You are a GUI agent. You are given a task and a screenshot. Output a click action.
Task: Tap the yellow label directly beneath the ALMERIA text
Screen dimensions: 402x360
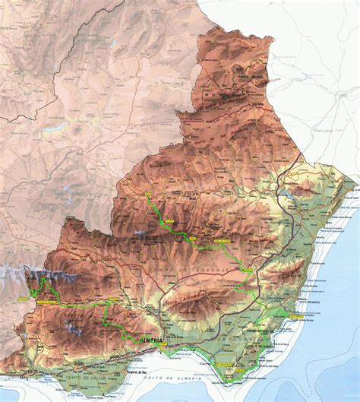155,349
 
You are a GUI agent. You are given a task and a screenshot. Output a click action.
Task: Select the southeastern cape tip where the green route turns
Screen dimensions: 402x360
232,380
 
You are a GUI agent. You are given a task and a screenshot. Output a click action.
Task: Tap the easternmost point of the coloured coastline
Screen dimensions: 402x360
355,182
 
